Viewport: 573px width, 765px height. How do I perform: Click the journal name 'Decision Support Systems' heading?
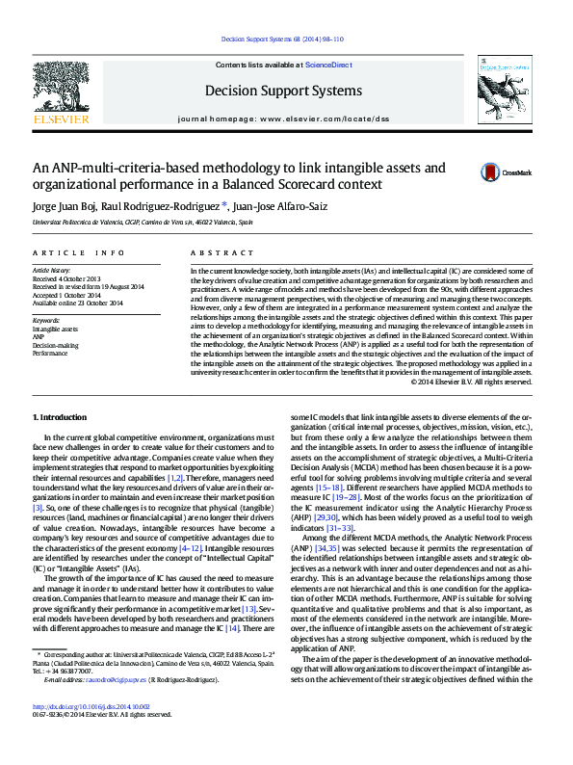(x=283, y=91)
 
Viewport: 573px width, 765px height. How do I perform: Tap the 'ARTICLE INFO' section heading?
(x=79, y=252)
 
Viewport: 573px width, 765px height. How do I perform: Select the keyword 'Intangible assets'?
(x=56, y=330)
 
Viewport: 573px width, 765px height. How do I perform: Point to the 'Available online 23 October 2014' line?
(x=78, y=303)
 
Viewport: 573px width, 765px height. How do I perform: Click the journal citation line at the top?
(x=282, y=40)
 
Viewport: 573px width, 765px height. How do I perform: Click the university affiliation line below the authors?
(x=143, y=223)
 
